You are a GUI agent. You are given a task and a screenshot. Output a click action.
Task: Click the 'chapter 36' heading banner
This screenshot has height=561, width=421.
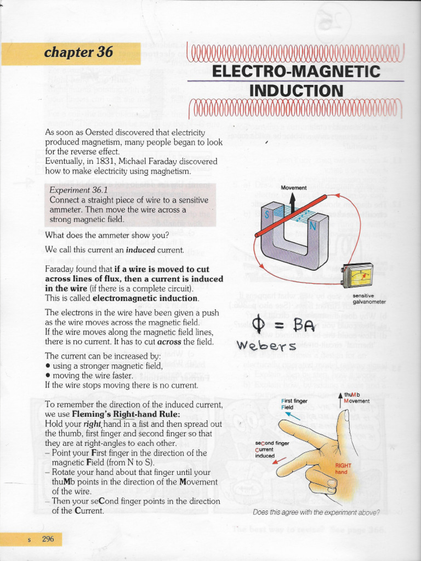click(79, 53)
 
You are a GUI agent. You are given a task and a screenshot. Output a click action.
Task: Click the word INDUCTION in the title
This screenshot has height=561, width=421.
click(296, 90)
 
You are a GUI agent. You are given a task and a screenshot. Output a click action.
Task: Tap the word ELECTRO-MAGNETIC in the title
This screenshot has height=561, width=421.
click(296, 71)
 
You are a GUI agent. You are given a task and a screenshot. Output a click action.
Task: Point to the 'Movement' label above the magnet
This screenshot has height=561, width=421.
click(294, 188)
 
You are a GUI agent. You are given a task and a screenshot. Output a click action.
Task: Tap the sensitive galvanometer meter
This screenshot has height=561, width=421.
click(357, 275)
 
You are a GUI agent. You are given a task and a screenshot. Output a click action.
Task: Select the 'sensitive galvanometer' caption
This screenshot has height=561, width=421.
click(369, 299)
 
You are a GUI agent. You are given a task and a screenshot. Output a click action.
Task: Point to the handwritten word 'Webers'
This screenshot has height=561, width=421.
click(266, 346)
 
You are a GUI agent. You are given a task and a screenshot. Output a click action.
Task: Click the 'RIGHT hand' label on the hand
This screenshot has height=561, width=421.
click(343, 468)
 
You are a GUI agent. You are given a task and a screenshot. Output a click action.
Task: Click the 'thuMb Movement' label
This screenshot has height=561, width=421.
click(356, 398)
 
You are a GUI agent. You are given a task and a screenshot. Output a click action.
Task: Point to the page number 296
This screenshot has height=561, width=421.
click(48, 539)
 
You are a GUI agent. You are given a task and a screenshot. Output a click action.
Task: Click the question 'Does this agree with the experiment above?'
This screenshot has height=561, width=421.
click(316, 513)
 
